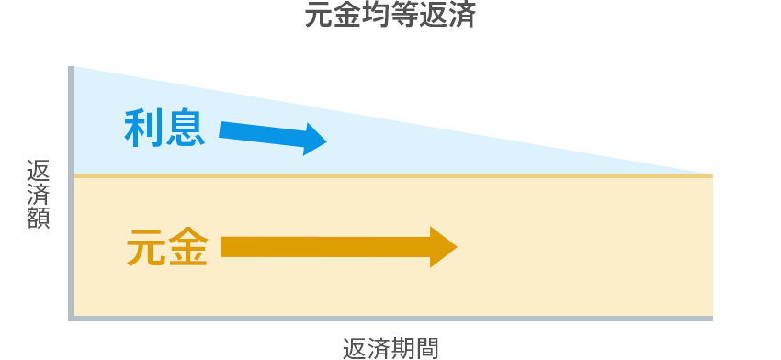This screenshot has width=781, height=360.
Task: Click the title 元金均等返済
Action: pos(390,17)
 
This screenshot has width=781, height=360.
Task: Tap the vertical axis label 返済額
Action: pos(39,195)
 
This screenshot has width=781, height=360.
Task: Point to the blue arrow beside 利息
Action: pos(272,136)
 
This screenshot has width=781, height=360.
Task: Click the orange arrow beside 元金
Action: pos(338,246)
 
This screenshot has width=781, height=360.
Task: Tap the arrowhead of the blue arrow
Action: pos(315,140)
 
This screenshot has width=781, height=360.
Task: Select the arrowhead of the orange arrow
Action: pos(443,246)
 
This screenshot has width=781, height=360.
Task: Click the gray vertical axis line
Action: pos(71,193)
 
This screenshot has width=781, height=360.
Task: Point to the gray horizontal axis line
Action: pos(390,318)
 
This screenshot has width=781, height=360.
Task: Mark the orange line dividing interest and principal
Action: pos(390,175)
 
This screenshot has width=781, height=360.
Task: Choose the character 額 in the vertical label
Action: pos(39,219)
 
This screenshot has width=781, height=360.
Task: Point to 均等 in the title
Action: pos(390,17)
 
